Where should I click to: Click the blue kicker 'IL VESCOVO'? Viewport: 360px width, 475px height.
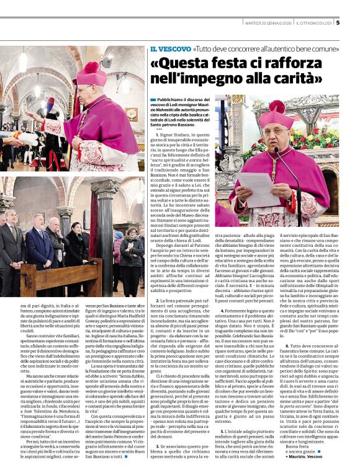[169, 48]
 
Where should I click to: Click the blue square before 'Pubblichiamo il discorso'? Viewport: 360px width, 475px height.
[153, 99]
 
